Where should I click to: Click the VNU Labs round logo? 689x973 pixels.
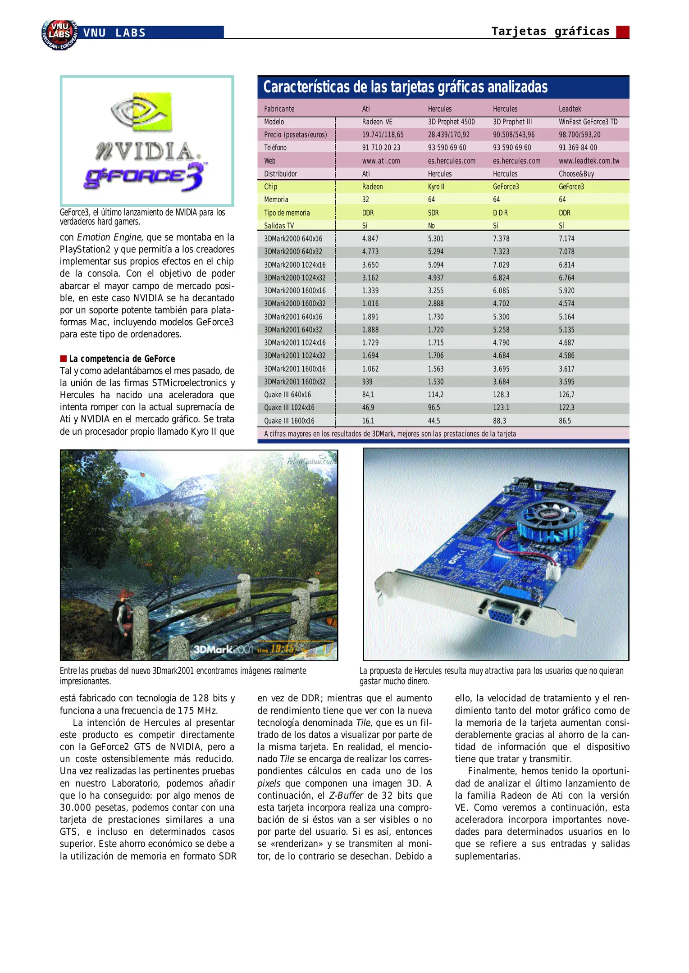[59, 34]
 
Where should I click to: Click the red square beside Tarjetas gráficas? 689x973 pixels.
[622, 32]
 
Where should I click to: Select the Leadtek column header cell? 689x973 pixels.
[570, 109]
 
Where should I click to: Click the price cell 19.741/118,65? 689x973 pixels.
[383, 135]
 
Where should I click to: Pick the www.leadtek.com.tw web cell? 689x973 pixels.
[589, 161]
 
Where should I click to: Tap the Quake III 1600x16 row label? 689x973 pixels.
[289, 421]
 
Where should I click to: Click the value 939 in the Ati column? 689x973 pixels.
[367, 382]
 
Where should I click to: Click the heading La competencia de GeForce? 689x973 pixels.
[122, 359]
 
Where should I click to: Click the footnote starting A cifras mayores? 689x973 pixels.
[390, 434]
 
